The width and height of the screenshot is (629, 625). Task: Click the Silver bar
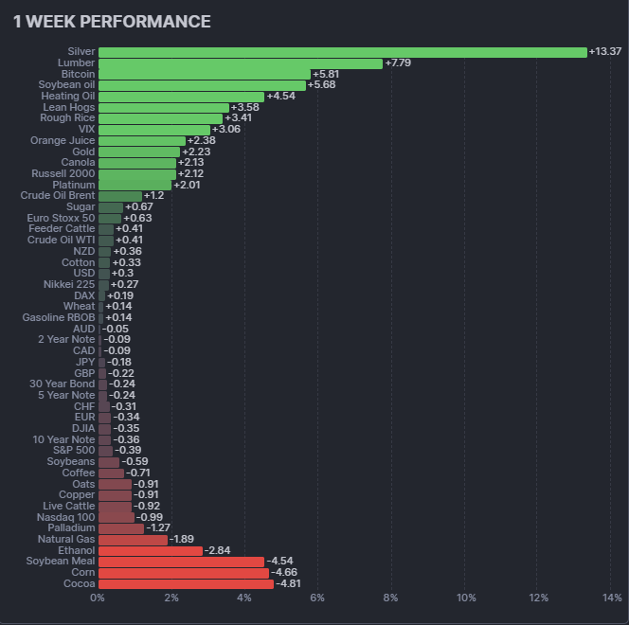click(342, 52)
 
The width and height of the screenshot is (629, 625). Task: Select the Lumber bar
click(240, 63)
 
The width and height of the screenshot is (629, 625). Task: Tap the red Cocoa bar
click(186, 584)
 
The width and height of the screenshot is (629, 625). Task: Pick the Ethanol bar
click(150, 550)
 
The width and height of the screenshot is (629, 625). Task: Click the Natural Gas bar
click(133, 540)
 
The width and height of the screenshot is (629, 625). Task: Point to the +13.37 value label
click(605, 52)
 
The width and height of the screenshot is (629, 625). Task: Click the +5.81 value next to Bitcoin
click(326, 74)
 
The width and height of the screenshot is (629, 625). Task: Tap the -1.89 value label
click(183, 540)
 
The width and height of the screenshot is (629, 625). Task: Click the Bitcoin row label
click(78, 74)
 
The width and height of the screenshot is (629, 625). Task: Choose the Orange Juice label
click(63, 140)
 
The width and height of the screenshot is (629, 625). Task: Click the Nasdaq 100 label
click(67, 517)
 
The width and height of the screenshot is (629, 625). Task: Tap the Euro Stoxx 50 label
click(62, 218)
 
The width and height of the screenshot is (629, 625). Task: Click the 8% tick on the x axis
click(391, 598)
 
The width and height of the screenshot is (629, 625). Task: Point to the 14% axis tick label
click(612, 598)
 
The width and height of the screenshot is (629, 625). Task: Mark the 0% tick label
click(98, 598)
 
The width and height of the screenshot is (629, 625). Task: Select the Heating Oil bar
click(181, 96)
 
